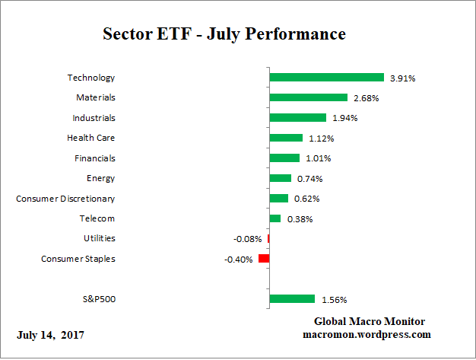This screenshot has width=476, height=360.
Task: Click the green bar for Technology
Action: [326, 78]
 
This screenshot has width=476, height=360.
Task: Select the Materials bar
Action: [308, 97]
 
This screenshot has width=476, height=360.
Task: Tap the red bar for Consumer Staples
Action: [264, 259]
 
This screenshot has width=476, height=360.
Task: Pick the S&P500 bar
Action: [292, 299]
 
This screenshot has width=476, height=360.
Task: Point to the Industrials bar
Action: [297, 118]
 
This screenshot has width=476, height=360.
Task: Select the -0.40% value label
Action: [238, 260]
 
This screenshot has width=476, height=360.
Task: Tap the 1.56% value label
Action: [335, 299]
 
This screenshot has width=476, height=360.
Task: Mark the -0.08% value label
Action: [248, 239]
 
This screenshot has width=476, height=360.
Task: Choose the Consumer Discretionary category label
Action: [66, 199]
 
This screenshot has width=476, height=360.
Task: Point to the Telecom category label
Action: [97, 218]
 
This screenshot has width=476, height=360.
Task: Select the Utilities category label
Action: [100, 239]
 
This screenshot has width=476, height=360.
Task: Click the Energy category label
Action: [101, 178]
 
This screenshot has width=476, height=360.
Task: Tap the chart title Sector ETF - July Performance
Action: [224, 35]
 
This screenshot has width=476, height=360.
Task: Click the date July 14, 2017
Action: [51, 335]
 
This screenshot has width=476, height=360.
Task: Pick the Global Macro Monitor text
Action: [370, 321]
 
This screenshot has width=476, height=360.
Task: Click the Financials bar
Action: [284, 158]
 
